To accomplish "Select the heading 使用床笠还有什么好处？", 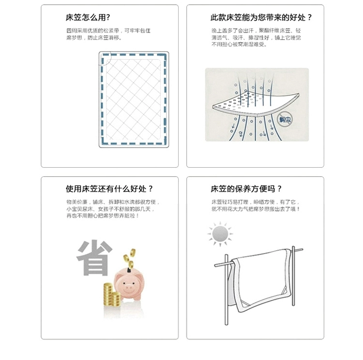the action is (x=110, y=189).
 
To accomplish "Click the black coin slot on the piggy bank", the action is (x=130, y=270).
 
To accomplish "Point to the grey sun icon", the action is (x=219, y=235).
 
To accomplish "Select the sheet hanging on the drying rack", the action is (x=261, y=281).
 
